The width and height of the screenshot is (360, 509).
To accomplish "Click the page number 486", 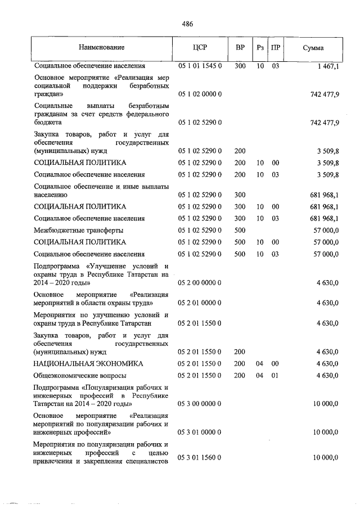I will (x=187, y=24).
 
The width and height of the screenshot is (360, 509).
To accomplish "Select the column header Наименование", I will (x=101, y=48).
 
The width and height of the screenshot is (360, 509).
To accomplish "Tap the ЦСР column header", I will (x=200, y=48).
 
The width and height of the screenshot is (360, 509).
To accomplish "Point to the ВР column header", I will (x=240, y=48).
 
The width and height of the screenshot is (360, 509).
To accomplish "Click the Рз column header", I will (x=260, y=48).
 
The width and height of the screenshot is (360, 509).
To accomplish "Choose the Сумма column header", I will (x=313, y=48).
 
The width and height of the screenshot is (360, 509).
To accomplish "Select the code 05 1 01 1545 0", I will (x=200, y=66).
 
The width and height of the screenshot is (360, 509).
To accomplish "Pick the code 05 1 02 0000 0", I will (x=200, y=94).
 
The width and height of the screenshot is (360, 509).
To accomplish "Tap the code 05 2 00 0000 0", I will (x=200, y=283).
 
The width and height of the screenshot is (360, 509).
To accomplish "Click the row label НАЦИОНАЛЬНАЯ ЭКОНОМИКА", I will (x=88, y=364).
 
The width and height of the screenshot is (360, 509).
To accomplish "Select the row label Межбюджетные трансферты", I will (x=78, y=230).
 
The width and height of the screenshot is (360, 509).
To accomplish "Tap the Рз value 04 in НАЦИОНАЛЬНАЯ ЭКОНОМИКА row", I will (x=259, y=364).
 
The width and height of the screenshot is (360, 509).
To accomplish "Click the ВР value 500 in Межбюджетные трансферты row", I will (x=240, y=230).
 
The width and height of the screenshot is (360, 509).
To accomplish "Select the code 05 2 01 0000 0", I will (x=200, y=303).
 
